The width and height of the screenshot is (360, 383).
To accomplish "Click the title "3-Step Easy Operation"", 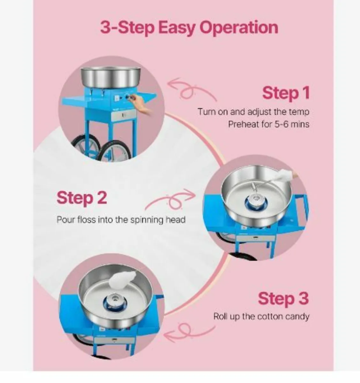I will [x=189, y=28].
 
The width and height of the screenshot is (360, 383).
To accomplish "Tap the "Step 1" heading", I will [x=286, y=93].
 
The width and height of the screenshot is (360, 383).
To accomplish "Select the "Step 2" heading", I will [x=81, y=198].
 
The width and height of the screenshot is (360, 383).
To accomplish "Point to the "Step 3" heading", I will [x=283, y=298].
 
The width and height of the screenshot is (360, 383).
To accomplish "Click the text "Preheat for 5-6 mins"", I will [x=268, y=124].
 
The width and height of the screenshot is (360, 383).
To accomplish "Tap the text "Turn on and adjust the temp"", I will [x=253, y=112].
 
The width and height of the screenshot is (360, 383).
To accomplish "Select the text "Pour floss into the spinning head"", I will [x=121, y=220].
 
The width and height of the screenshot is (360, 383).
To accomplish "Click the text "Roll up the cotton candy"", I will [x=261, y=317].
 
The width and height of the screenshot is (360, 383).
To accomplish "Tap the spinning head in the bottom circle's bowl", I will [x=112, y=300].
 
